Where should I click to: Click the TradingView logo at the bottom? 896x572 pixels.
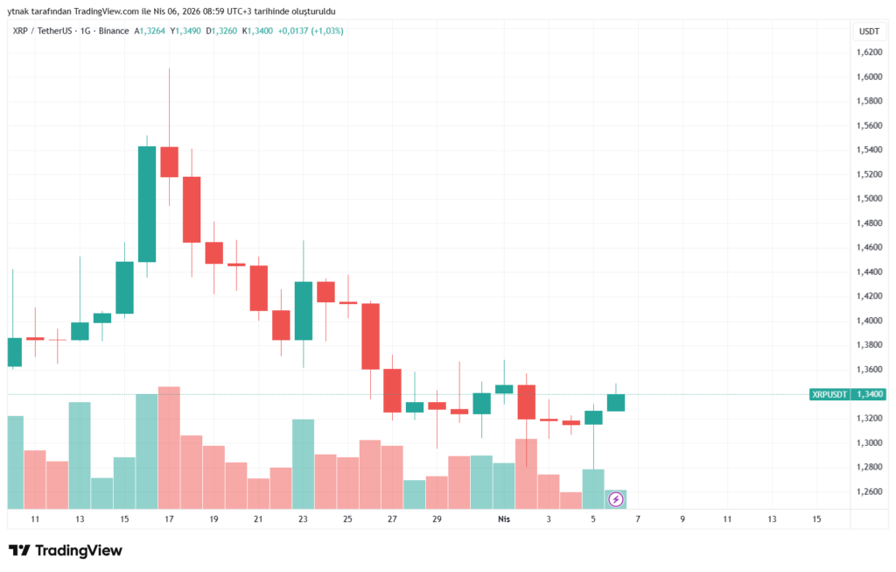[x=66, y=551]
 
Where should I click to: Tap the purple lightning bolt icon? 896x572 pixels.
[x=615, y=499]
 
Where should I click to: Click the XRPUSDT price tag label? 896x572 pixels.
[x=829, y=395]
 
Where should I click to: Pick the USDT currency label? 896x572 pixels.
[x=869, y=31]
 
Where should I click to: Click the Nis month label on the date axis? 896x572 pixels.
[x=503, y=519]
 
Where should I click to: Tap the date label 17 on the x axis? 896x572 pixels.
[x=169, y=519]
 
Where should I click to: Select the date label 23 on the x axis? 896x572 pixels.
[x=303, y=519]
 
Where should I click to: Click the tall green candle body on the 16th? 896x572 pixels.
[x=147, y=203]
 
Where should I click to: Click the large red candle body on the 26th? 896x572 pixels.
[x=370, y=336]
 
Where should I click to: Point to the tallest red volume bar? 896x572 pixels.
[x=169, y=447]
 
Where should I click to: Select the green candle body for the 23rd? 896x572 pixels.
[x=303, y=310]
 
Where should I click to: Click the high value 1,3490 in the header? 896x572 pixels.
[x=187, y=31]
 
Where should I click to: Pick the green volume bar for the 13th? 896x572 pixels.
[x=80, y=455]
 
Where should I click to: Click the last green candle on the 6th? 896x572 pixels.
[x=615, y=402]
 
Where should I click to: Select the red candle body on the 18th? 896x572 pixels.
[x=192, y=209]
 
